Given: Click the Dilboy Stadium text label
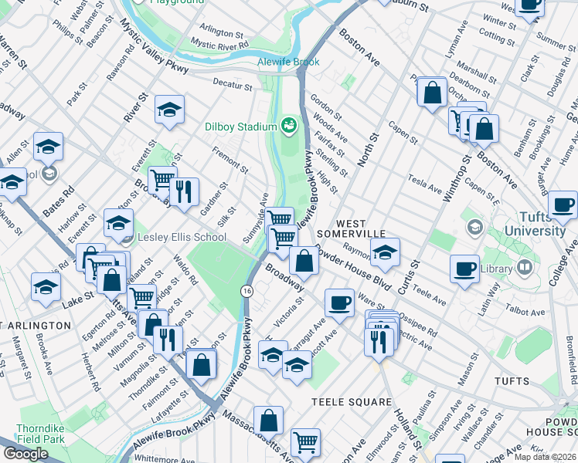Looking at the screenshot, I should pos(240,127).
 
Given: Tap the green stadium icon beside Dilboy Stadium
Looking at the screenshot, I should pos(289,123).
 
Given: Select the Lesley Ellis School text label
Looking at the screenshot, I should pos(182,237).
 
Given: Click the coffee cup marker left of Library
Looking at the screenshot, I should pos(464,269).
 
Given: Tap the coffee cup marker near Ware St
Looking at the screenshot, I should pos(338,302).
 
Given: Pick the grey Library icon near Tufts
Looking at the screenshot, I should pos(525,268).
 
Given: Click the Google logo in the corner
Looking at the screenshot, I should pos(25,454).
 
